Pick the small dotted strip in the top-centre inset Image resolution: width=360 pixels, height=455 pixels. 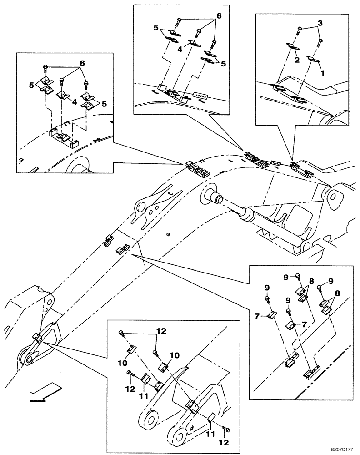pyautogui.click(x=200, y=96)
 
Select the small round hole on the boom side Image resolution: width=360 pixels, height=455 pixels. pyautogui.click(x=168, y=235)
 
